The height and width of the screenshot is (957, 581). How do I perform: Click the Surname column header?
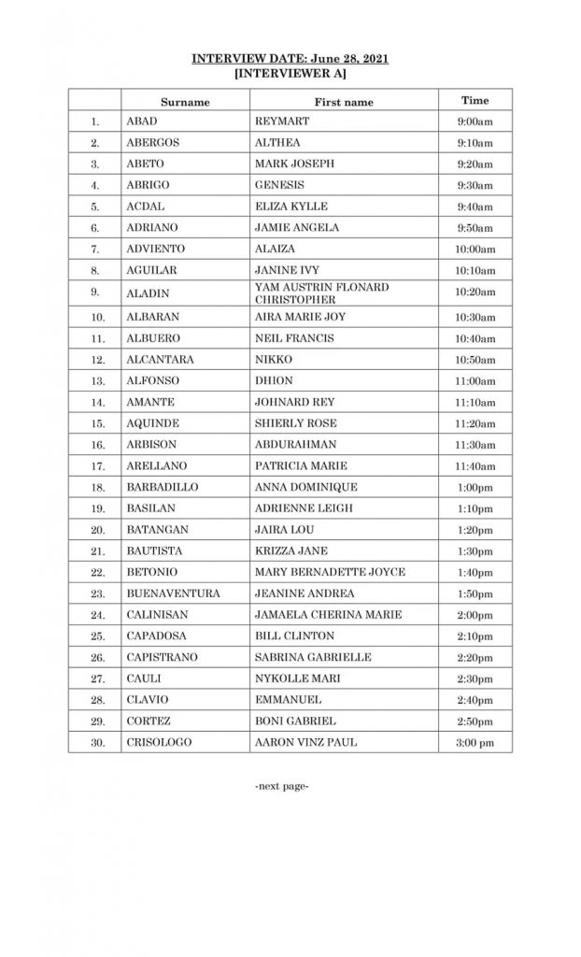tap(185, 102)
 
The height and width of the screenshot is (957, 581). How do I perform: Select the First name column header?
tap(344, 102)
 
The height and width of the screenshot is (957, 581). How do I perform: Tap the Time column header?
tap(475, 100)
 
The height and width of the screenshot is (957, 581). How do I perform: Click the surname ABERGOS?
tap(153, 143)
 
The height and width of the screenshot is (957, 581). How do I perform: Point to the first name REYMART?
tap(281, 121)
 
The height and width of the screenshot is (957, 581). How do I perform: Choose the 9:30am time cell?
tap(475, 185)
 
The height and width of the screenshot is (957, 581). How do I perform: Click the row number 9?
tap(95, 292)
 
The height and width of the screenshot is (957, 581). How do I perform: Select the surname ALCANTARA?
tap(159, 360)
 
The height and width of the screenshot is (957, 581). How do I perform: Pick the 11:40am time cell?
tap(476, 466)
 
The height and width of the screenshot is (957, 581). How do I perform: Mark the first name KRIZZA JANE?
tap(290, 551)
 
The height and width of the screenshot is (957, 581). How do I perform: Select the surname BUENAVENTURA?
tap(173, 593)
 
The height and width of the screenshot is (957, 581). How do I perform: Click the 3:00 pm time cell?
tap(475, 743)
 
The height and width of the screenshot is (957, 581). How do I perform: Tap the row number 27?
tap(95, 679)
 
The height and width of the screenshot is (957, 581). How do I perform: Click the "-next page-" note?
tap(281, 787)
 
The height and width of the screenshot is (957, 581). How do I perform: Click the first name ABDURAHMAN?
tap(294, 445)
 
